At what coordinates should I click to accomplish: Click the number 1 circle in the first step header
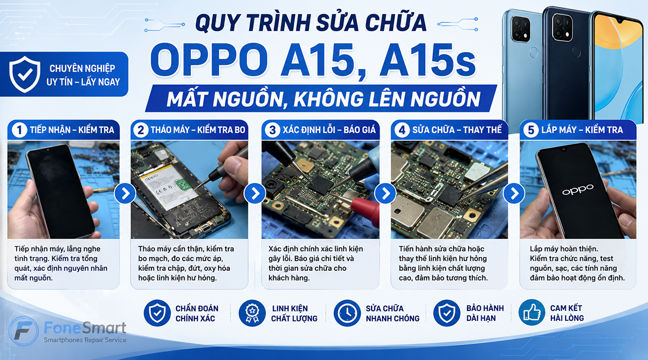pyautogui.click(x=19, y=130)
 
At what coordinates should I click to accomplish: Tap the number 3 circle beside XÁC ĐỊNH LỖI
pyautogui.click(x=272, y=130)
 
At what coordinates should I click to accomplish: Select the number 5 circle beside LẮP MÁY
pyautogui.click(x=531, y=130)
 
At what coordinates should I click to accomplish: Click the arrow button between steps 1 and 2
pyautogui.click(x=125, y=193)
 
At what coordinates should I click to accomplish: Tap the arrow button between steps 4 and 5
pyautogui.click(x=514, y=193)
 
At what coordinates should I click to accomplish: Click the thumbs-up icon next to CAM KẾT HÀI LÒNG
pyautogui.click(x=532, y=312)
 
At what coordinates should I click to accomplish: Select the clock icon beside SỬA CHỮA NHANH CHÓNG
pyautogui.click(x=347, y=313)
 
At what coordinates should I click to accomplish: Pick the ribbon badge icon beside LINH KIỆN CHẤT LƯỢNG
pyautogui.click(x=252, y=313)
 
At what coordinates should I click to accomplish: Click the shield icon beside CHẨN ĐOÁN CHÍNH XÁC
pyautogui.click(x=157, y=313)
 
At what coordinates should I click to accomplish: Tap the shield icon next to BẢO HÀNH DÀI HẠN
pyautogui.click(x=447, y=313)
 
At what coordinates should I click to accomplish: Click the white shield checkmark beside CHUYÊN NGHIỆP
pyautogui.click(x=25, y=74)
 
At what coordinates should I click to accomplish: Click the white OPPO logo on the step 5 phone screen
pyautogui.click(x=578, y=190)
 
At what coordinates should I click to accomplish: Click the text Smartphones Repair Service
pyautogui.click(x=85, y=340)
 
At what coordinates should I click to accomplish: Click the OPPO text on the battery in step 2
pyautogui.click(x=151, y=177)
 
